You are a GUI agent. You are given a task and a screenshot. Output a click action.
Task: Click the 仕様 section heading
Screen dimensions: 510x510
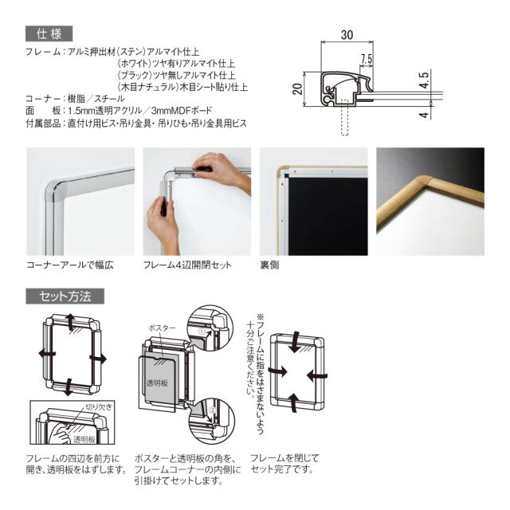pos(49,33)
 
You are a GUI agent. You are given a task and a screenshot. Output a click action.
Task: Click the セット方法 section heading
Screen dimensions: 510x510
pos(65,296)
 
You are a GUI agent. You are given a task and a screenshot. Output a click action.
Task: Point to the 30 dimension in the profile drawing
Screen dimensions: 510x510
pos(347,35)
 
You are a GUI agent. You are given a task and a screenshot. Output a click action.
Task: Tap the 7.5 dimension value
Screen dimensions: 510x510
pos(367,59)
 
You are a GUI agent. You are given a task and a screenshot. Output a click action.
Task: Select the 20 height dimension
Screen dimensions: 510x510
pos(297,88)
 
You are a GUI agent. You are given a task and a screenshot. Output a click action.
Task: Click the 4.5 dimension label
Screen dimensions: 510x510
pos(424,80)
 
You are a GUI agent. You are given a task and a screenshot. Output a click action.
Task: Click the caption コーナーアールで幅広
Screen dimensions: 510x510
pos(70,265)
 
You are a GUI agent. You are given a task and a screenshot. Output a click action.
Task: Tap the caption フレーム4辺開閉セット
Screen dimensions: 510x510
pos(187,265)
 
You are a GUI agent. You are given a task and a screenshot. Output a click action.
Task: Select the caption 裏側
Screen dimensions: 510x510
pos(269,265)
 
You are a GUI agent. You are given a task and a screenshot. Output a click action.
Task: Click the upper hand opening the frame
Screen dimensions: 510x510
pos(222,171)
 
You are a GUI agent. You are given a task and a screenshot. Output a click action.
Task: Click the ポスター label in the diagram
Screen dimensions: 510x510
pos(162,328)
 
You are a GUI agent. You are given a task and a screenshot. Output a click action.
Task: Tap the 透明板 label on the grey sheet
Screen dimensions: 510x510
pos(157,383)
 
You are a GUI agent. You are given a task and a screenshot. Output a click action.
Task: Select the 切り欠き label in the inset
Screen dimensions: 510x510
pos(99,406)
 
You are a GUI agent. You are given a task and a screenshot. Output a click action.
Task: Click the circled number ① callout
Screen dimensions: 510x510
pos(202,331)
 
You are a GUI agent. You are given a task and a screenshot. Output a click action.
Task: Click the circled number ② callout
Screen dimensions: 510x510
pos(213,410)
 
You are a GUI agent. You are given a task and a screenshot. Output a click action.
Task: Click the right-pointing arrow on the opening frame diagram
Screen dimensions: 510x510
pos(97,359)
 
